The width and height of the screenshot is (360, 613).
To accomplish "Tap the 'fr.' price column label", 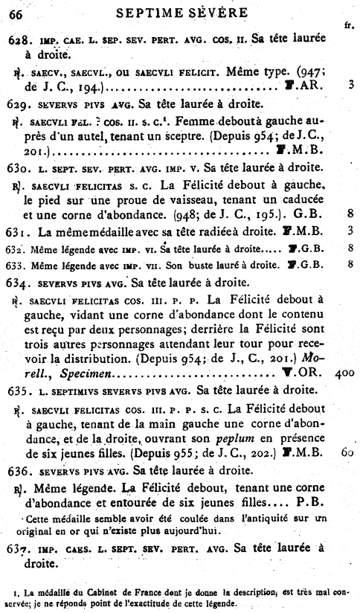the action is point(349,25).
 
